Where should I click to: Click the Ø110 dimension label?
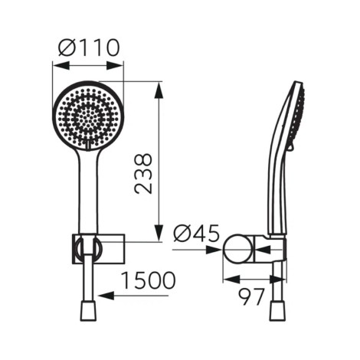coord(89,47)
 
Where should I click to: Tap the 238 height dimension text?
coord(143,173)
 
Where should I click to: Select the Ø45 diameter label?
coord(196,234)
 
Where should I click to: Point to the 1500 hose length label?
coord(149,280)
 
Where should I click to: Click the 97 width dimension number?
coord(251,297)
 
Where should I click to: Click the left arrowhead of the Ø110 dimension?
coord(61,65)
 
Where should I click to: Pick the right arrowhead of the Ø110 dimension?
coord(115,65)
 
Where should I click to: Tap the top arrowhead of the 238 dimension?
coord(159,90)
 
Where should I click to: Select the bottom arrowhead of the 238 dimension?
coord(159,232)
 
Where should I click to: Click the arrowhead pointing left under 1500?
coord(106,296)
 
